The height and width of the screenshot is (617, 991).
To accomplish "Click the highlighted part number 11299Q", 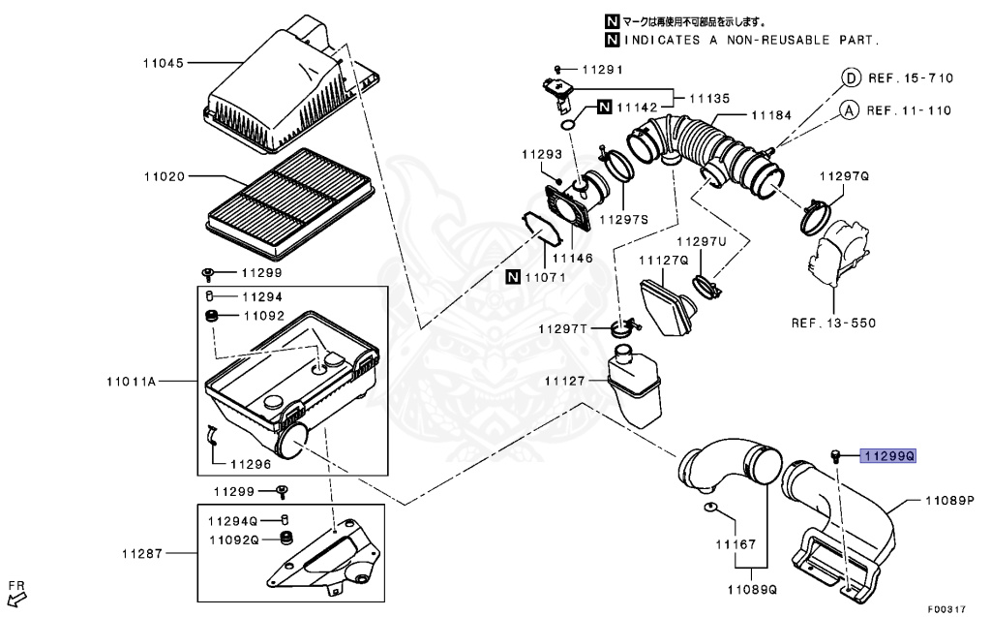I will point(888,454).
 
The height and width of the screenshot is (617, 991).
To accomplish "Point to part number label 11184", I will point(770,115).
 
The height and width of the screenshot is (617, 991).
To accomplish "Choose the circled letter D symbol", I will point(849,78).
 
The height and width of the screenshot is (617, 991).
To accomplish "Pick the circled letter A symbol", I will point(849,110).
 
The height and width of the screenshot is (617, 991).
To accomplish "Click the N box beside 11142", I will point(602,107).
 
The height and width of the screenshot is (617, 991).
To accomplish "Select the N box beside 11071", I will point(513,277).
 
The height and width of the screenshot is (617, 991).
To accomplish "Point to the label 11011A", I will point(131,382).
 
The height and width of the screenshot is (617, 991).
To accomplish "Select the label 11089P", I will point(948,501).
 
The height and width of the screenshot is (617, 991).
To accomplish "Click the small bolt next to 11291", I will point(559,70).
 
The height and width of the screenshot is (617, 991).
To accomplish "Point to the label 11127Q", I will point(663,261).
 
